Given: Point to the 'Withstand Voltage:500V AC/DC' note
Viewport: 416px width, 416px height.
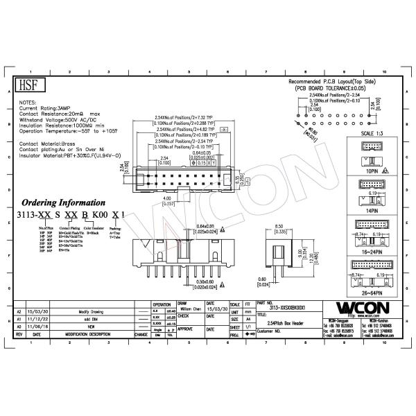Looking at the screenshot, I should coord(60,120).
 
